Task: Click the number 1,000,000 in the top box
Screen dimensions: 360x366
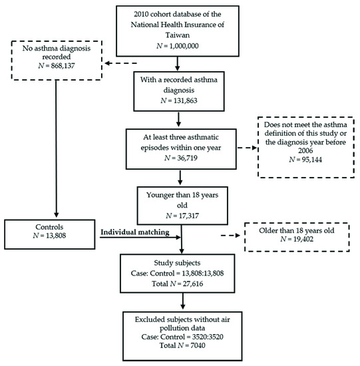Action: tap(184, 46)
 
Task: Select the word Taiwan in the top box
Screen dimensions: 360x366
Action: tap(178, 35)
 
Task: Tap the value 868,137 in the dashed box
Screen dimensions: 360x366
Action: tap(63, 66)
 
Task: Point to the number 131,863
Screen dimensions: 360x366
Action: tap(186, 100)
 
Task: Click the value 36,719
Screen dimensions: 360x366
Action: tap(187, 158)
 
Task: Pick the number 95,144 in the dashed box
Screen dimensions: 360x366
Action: tap(312, 160)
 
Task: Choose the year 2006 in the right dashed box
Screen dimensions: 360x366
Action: tap(305, 151)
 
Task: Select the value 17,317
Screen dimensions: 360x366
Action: tap(188, 216)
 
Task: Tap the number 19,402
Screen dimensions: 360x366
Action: tap(303, 240)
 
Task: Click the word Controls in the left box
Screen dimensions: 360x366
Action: tap(49, 227)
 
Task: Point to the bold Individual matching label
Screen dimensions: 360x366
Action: tap(135, 232)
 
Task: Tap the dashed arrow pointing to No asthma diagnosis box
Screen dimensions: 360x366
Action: tap(120, 63)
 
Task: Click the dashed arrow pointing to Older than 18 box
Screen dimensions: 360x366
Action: tap(230, 236)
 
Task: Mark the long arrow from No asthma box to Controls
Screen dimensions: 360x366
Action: tap(56, 148)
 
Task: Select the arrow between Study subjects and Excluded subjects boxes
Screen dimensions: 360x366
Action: tap(183, 301)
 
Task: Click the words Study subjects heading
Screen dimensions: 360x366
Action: tap(177, 263)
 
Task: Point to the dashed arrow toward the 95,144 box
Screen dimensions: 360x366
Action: tap(248, 148)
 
